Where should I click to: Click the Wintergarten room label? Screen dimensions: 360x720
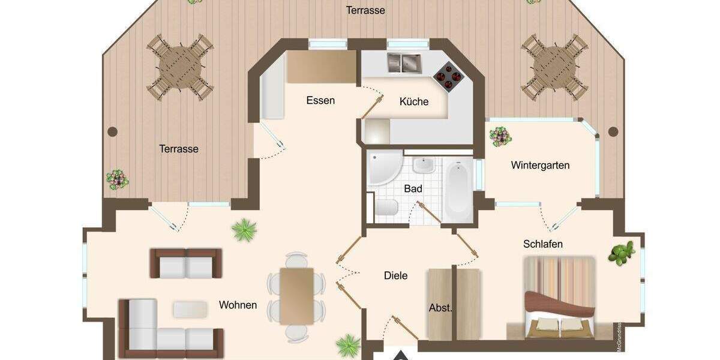point(540,165)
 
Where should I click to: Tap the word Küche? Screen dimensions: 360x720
point(414,101)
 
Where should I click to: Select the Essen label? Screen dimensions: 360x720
point(320,100)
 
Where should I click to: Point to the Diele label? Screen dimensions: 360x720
point(395,275)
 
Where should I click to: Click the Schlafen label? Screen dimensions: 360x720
point(542,244)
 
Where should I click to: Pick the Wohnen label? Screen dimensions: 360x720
point(238,305)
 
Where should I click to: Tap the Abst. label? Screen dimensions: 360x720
point(440,308)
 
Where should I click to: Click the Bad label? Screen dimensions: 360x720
point(413,188)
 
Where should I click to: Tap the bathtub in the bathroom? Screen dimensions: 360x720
point(458,186)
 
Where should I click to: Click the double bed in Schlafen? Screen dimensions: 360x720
point(559,297)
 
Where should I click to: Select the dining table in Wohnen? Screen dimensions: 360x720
point(296,295)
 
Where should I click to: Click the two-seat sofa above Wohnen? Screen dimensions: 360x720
point(186,263)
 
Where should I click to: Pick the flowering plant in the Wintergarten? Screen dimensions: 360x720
point(500,136)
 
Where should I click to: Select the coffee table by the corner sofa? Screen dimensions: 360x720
point(190,309)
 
